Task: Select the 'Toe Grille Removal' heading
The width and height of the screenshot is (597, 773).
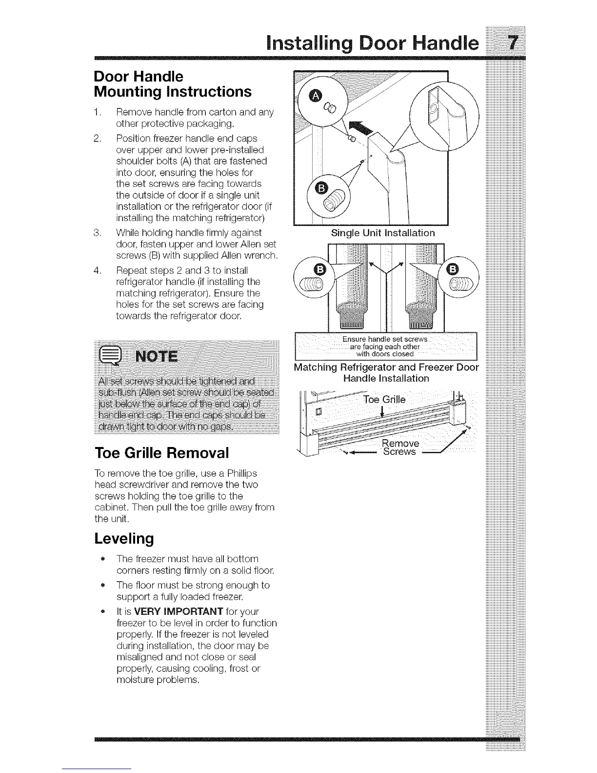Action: coord(161,453)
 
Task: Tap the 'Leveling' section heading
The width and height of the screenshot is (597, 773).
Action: coord(124,538)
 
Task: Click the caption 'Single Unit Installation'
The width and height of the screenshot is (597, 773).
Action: coord(382,233)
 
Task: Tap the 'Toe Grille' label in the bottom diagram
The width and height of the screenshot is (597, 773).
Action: coord(384,400)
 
